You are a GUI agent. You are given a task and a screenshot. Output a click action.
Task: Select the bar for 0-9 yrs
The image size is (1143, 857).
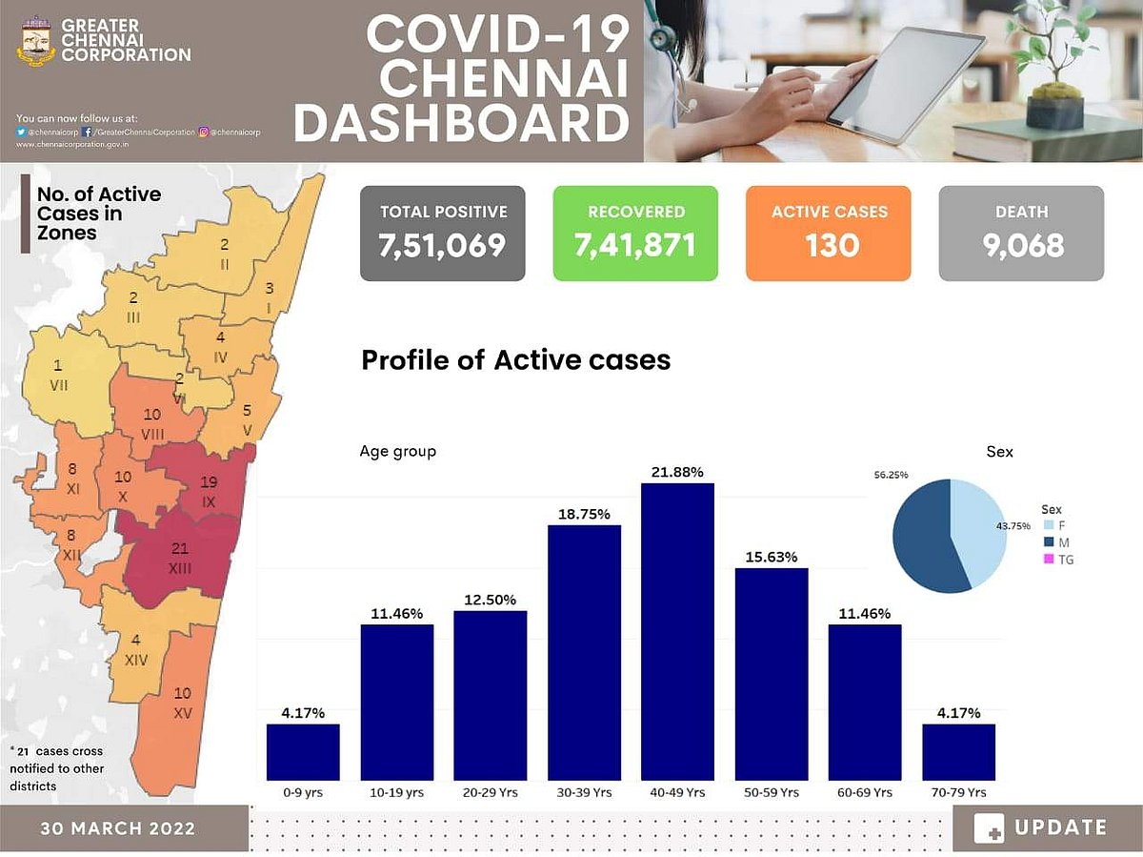303,752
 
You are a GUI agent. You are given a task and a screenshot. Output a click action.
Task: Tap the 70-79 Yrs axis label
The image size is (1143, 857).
958,792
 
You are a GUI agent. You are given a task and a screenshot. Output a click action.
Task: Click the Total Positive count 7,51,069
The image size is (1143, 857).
443,245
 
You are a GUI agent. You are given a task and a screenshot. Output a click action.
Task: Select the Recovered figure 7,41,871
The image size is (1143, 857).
635,245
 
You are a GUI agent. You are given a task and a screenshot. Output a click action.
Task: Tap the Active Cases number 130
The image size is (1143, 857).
828,245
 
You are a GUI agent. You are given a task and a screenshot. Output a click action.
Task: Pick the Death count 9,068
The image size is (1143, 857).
1021,245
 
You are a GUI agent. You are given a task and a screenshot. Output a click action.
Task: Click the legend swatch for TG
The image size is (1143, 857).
1049,560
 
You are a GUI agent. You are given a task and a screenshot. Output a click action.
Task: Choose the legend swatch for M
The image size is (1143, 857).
1049,542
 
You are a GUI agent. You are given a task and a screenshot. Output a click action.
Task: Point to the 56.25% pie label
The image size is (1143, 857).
891,473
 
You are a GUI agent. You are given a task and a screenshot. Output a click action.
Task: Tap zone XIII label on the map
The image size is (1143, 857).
179,558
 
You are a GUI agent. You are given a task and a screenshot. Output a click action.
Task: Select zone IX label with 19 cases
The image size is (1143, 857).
210,491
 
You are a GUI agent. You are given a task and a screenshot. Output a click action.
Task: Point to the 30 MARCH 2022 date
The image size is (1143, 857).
118,828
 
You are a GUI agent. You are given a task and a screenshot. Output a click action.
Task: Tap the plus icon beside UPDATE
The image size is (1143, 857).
989,828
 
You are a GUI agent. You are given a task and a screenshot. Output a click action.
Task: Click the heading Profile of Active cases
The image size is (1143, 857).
516,360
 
